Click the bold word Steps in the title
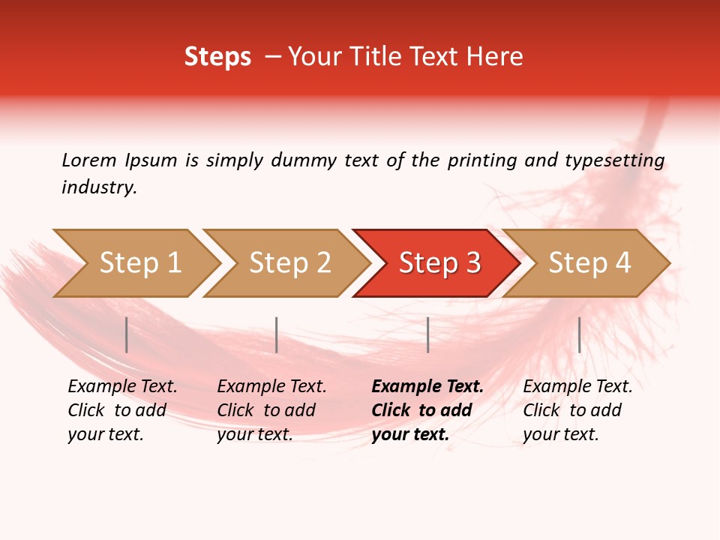[x=217, y=57]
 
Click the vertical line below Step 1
[x=127, y=334]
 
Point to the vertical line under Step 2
[x=277, y=334]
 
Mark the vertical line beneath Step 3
[x=427, y=334]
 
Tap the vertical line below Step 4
[x=579, y=334]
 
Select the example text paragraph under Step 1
[x=122, y=410]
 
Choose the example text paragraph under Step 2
[x=271, y=410]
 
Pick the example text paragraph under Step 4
[x=577, y=410]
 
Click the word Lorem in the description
[x=89, y=160]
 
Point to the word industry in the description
[x=99, y=187]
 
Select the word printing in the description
[x=481, y=160]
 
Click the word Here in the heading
[x=496, y=57]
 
